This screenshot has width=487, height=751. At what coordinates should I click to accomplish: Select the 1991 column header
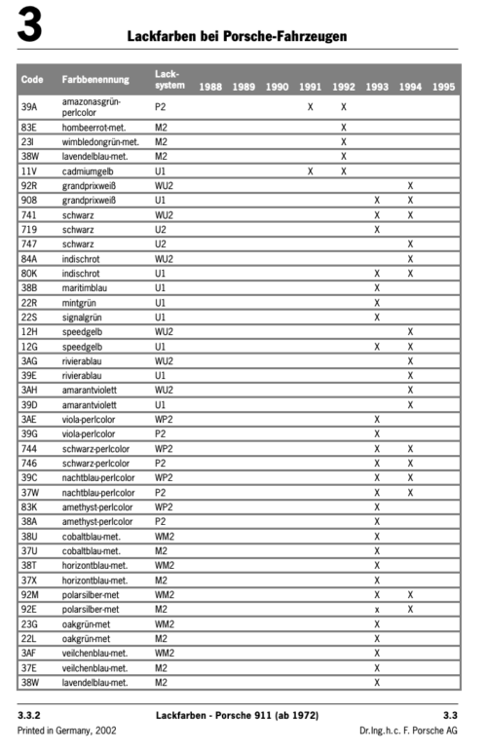tap(310, 87)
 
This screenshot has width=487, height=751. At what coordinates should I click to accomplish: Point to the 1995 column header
tap(443, 87)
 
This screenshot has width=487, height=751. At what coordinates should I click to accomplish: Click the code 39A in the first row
tap(29, 106)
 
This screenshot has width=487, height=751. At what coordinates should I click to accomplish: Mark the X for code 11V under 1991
tap(310, 170)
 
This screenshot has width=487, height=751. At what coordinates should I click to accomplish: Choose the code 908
tap(29, 200)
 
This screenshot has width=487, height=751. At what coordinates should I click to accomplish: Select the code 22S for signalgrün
tap(29, 317)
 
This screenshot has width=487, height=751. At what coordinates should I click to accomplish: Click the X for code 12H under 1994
tap(410, 331)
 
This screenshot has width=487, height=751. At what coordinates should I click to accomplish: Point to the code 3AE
tap(29, 419)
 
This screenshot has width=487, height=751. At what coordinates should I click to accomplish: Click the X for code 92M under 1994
tap(410, 594)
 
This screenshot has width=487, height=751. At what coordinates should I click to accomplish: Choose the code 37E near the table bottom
tap(29, 667)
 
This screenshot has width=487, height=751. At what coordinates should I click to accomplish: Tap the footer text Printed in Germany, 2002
tap(60, 731)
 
